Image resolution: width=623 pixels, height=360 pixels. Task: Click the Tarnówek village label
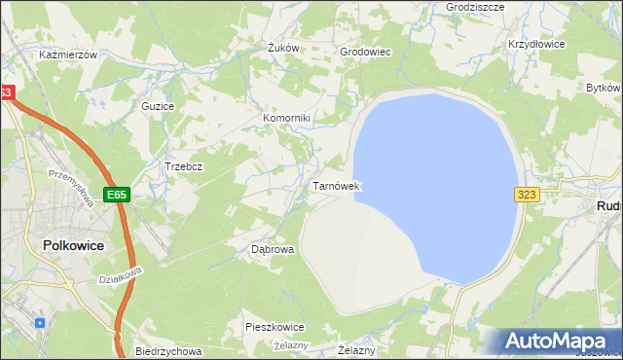coord(337,185)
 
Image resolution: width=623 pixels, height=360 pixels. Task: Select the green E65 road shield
coord(117,195)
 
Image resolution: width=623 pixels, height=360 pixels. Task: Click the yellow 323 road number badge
coord(527,195)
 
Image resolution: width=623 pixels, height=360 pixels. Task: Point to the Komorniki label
coord(286,119)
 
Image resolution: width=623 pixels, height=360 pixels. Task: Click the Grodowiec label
coord(365,52)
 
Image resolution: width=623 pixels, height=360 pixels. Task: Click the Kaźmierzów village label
coord(68,55)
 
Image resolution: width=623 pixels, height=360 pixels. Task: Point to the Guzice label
coord(158,105)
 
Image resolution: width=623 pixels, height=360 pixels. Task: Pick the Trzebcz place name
coord(183,166)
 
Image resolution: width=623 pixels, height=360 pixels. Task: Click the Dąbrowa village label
coord(273,249)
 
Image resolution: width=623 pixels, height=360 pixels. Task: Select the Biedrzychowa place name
coord(168,351)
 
